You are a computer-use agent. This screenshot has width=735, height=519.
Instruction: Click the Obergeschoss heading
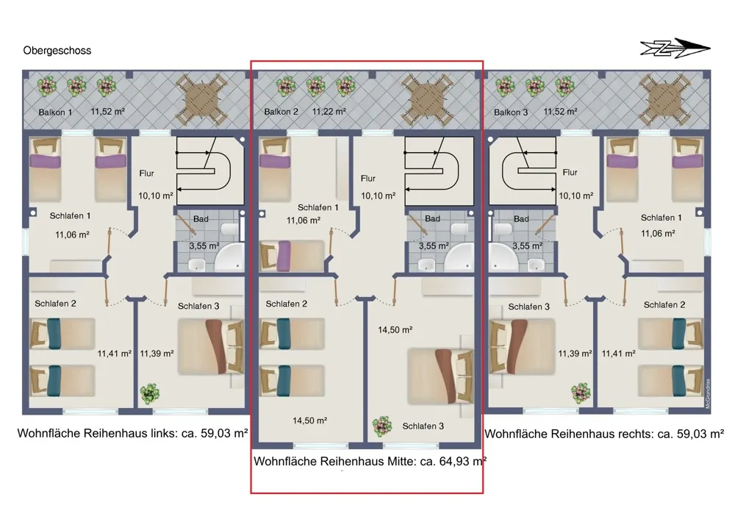tap(57, 51)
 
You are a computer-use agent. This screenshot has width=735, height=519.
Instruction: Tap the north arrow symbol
tap(675, 48)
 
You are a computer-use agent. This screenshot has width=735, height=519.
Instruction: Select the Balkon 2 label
tap(282, 112)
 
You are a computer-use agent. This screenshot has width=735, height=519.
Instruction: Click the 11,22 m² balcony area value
tap(329, 111)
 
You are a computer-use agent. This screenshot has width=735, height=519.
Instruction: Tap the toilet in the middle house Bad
tap(459, 229)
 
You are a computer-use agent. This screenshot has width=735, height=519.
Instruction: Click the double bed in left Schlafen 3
tap(211, 347)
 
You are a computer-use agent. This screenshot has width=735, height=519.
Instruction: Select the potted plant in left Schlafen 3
tap(149, 394)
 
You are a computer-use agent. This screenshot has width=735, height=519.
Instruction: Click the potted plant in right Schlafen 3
tap(581, 393)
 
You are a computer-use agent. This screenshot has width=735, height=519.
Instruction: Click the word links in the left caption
tap(164, 433)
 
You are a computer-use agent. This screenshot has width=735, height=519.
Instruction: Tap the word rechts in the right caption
tap(637, 434)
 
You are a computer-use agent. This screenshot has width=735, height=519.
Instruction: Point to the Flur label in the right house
tap(570, 173)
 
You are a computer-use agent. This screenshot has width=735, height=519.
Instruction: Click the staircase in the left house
tap(210, 171)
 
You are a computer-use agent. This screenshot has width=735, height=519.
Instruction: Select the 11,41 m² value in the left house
tap(115, 354)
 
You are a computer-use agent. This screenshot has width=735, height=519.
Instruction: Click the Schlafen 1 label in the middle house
tap(318, 207)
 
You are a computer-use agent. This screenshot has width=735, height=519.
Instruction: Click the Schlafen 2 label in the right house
tap(664, 305)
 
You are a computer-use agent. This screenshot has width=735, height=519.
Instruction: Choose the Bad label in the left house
tap(201, 219)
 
